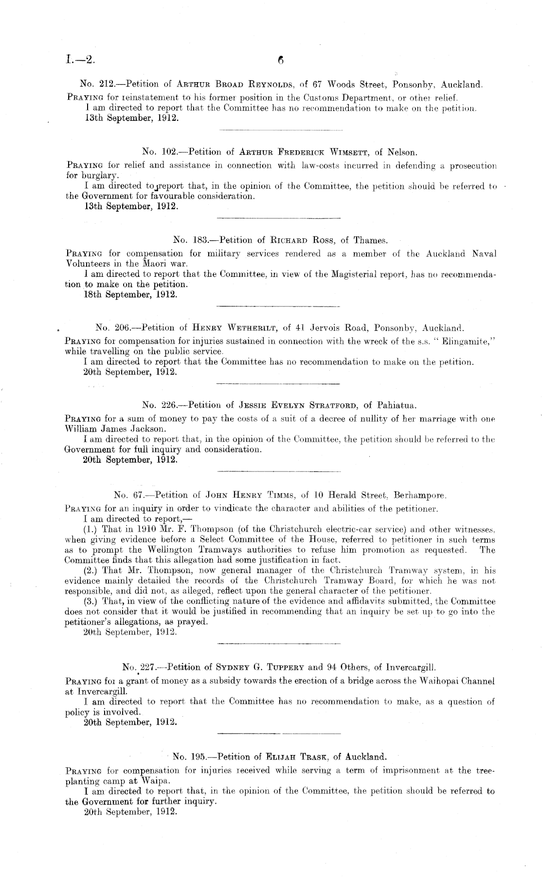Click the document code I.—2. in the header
80,60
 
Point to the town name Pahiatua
397,405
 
